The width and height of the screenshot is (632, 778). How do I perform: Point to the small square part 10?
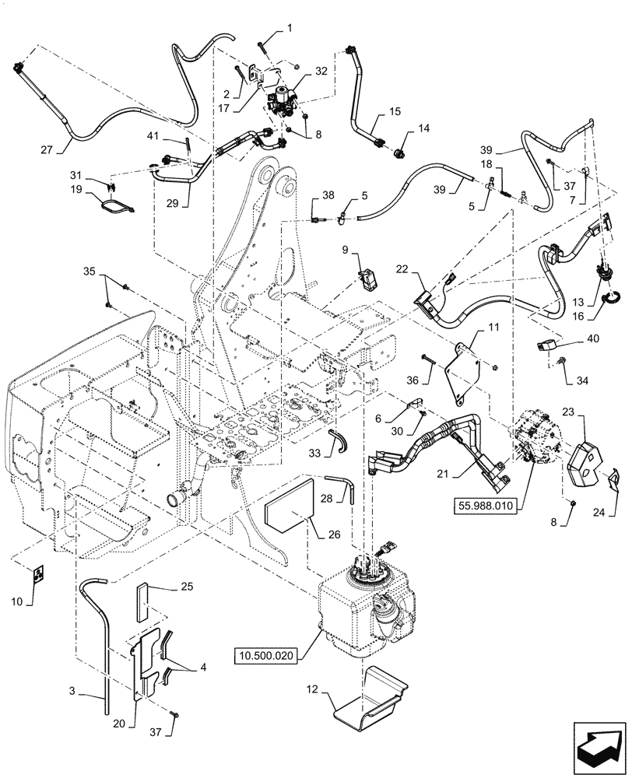click(x=37, y=574)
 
